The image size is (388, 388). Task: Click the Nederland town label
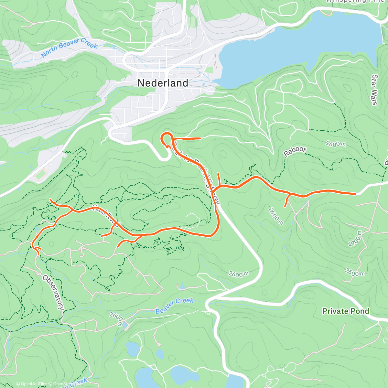163,83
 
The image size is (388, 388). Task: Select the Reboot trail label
295,151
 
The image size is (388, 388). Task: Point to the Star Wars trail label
374,90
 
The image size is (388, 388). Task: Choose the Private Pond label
345,311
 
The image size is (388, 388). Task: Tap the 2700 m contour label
355,239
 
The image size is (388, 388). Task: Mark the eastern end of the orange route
355,194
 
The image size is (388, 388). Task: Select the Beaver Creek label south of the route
175,305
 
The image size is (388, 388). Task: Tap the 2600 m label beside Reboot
336,144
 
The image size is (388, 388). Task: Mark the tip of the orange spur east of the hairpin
200,138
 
